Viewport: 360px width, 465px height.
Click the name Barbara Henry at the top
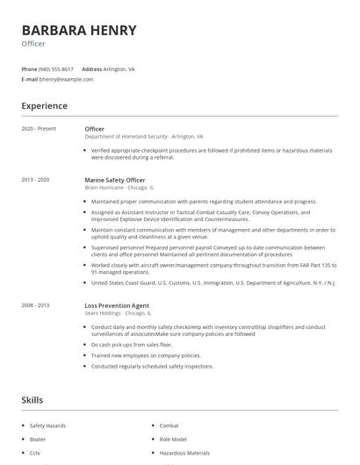[79, 31]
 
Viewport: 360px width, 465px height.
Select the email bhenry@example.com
[66, 79]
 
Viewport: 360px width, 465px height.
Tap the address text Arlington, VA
[119, 68]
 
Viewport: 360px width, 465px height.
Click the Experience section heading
[45, 106]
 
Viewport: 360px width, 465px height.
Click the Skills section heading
[32, 400]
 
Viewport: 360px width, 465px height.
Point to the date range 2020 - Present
[39, 129]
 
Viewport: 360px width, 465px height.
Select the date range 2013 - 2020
[36, 180]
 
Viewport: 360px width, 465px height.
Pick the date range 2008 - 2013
[36, 304]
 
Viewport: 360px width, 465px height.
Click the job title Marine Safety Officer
[115, 180]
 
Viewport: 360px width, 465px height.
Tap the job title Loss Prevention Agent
[117, 304]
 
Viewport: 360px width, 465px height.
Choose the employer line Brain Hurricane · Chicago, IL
[119, 188]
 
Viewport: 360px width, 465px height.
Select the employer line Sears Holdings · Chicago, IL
[118, 312]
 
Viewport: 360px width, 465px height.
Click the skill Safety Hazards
[47, 426]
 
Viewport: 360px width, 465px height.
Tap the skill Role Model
[174, 439]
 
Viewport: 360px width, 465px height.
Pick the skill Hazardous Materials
[184, 453]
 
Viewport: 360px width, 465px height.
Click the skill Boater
[38, 439]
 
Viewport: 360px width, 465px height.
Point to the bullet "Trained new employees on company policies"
[146, 355]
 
